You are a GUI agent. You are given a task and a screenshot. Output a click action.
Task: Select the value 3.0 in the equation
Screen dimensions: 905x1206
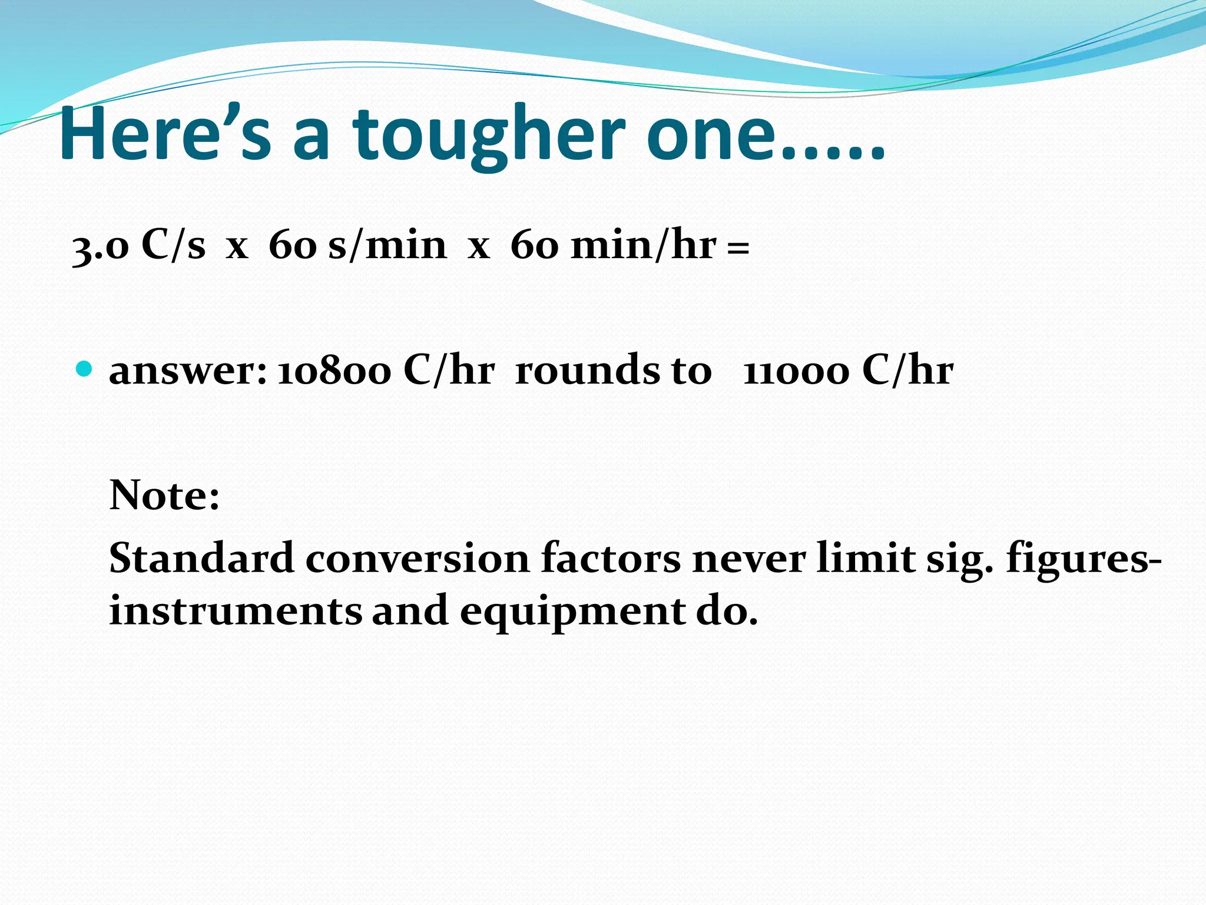100,246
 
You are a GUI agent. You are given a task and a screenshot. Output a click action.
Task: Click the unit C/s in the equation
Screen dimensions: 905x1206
173,244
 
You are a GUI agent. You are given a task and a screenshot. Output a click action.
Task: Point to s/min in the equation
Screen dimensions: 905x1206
387,244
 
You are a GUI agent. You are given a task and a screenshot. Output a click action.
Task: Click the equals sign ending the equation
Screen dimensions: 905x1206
738,247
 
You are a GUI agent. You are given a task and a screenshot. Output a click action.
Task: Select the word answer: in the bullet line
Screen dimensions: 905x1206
188,371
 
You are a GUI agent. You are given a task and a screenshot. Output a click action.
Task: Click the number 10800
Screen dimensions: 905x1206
334,371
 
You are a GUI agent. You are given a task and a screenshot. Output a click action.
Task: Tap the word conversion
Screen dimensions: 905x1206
417,558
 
